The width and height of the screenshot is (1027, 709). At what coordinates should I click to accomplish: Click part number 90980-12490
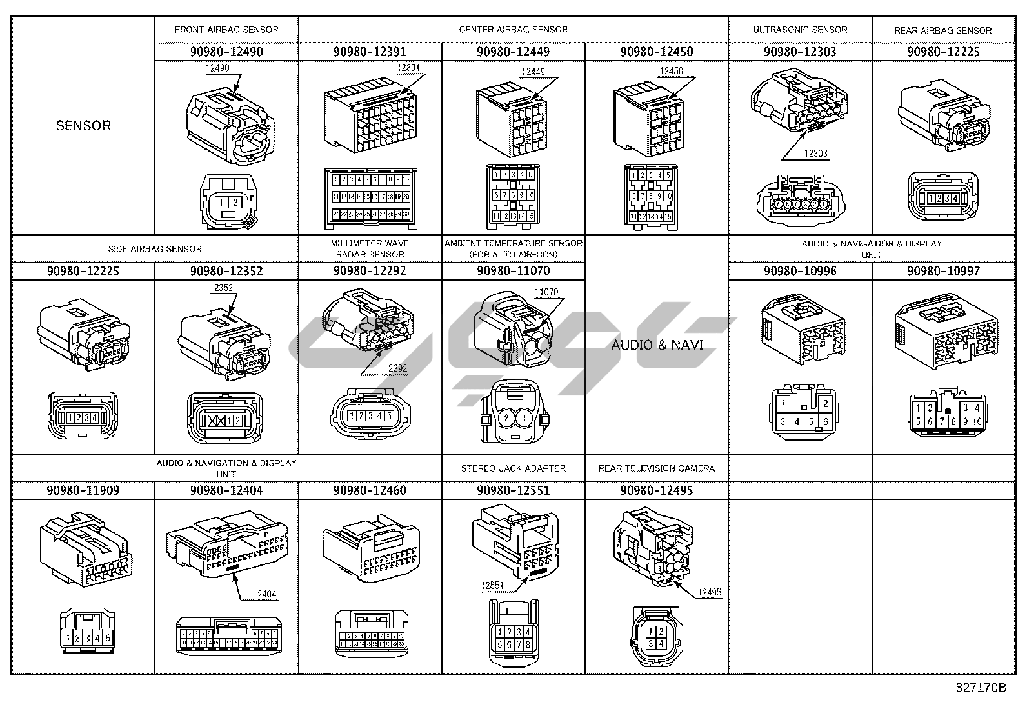click(226, 52)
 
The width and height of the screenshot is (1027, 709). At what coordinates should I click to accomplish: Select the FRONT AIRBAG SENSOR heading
click(226, 30)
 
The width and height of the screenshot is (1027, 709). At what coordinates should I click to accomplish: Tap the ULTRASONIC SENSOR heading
click(800, 30)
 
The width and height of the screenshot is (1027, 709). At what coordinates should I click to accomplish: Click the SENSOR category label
click(83, 126)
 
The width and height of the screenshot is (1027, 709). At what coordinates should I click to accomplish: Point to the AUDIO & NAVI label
click(657, 345)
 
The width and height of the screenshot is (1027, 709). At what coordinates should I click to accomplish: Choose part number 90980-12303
click(800, 52)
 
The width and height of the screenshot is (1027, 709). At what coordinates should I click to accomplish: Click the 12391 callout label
click(408, 68)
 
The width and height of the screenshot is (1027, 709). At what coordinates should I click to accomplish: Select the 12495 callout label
click(709, 592)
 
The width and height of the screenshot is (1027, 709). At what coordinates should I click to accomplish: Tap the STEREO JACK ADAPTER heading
click(513, 468)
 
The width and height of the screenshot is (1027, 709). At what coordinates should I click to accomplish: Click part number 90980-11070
click(513, 271)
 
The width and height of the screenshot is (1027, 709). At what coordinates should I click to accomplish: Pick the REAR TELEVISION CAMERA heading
click(657, 468)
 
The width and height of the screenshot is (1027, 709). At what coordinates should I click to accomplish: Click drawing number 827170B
click(981, 688)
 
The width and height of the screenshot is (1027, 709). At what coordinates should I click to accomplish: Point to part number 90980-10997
click(943, 271)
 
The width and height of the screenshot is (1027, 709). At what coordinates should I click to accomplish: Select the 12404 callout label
click(265, 594)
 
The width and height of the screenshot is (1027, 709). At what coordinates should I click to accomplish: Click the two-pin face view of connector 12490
click(228, 203)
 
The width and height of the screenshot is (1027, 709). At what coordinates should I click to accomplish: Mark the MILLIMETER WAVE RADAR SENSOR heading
click(370, 248)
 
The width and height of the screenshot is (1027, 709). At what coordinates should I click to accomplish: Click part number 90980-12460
click(370, 490)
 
